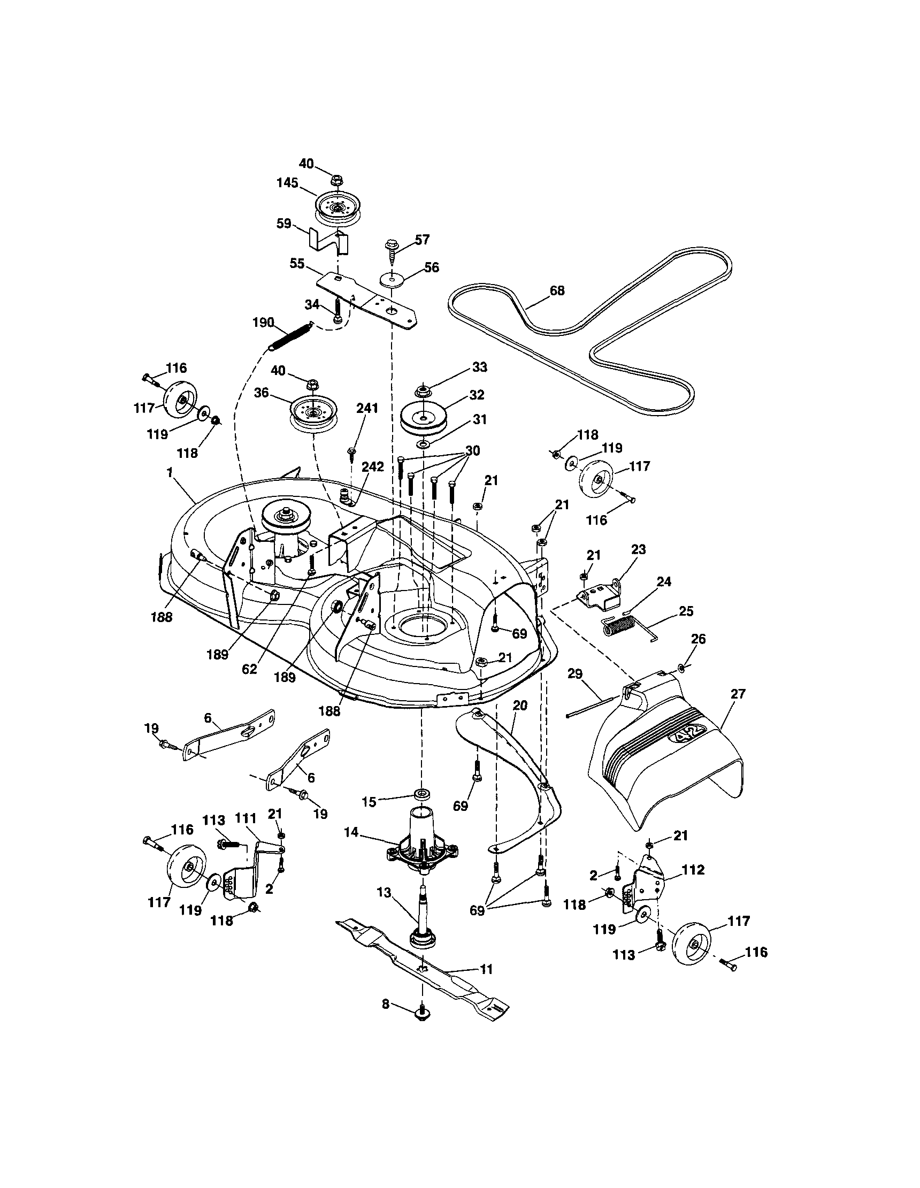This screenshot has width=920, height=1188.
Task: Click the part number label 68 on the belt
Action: click(x=557, y=290)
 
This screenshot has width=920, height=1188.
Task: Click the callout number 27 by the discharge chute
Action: click(x=738, y=694)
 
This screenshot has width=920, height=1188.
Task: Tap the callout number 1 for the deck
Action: click(x=170, y=473)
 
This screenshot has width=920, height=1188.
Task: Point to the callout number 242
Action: click(x=373, y=467)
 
